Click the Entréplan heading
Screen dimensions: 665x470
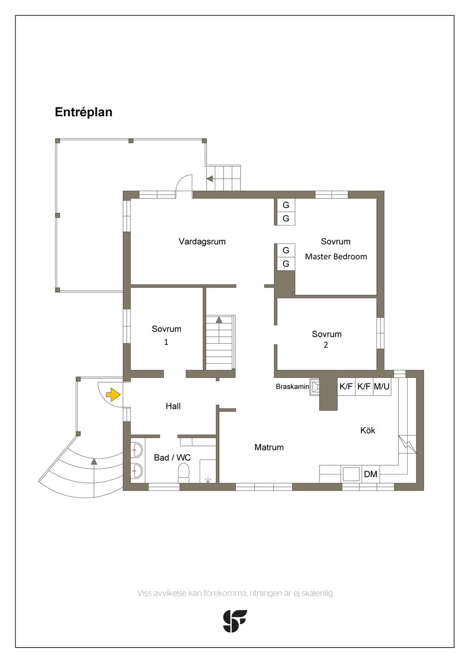[x=84, y=113]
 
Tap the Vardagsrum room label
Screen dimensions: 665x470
[x=202, y=242]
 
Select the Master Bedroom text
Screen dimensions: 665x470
[x=336, y=257]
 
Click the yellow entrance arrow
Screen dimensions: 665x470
[x=113, y=394]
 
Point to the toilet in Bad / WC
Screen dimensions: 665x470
[x=184, y=473]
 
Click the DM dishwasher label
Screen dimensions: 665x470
[x=370, y=474]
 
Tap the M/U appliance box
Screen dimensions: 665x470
[x=381, y=387]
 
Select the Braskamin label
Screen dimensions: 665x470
[x=292, y=387]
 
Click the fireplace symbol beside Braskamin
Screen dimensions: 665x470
[x=315, y=387]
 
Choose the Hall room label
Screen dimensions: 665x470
[x=173, y=406]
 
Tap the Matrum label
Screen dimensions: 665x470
[x=269, y=447]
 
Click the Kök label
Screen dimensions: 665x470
[x=368, y=430]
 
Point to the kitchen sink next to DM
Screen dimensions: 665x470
[x=351, y=474]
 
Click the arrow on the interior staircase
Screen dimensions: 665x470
[x=219, y=319]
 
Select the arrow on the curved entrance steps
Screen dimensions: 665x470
[x=94, y=461]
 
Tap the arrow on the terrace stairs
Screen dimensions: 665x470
[x=210, y=179]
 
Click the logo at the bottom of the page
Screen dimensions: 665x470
[x=235, y=621]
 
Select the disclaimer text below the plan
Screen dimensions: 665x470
[x=235, y=593]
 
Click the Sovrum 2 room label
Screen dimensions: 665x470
[x=326, y=339]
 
